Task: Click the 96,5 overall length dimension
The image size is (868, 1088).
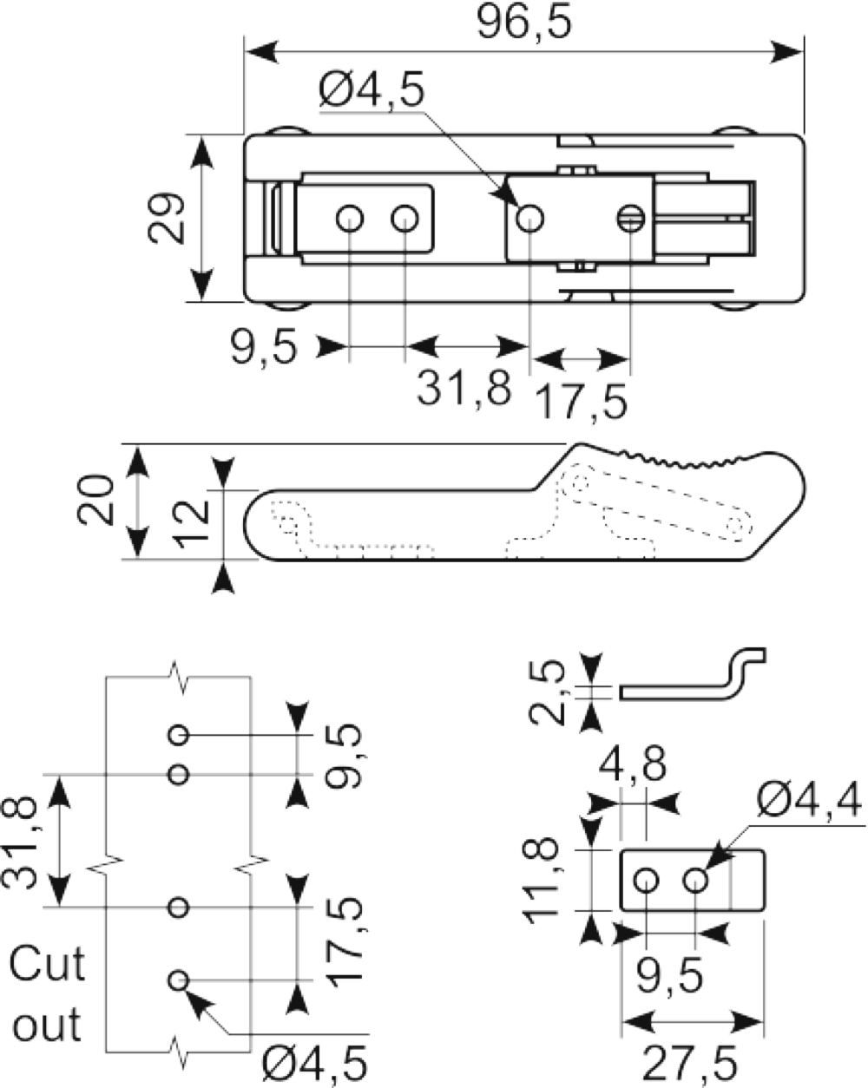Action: point(524,22)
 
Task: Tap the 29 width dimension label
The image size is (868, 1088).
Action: point(166,218)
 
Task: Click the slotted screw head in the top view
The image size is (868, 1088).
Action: point(631,219)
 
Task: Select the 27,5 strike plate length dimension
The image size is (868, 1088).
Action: point(689,1063)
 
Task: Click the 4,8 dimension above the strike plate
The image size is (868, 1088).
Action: point(632,764)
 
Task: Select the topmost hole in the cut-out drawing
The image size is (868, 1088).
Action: point(178,735)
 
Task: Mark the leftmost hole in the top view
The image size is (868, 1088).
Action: point(350,219)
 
